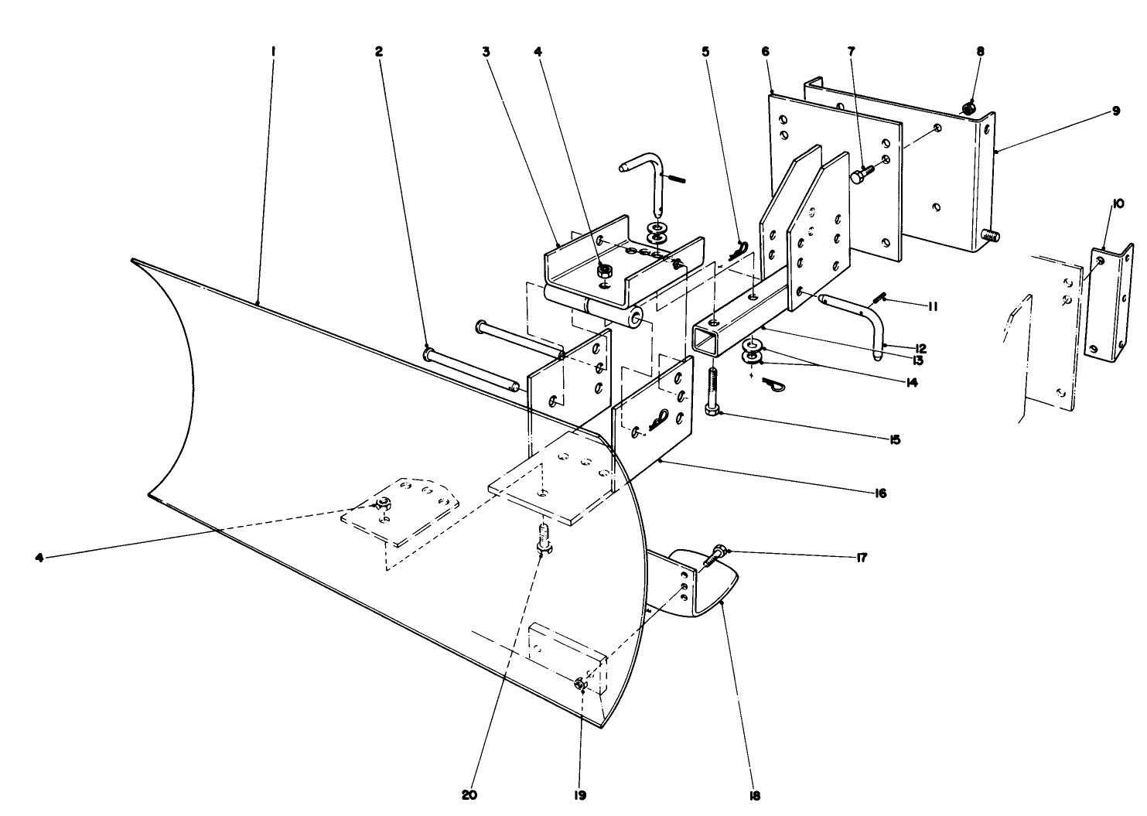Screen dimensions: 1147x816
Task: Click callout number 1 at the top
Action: (x=273, y=52)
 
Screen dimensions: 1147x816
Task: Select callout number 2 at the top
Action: (x=379, y=52)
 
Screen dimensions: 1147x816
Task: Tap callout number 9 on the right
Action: (x=1116, y=111)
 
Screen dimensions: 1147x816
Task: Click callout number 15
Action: (x=895, y=439)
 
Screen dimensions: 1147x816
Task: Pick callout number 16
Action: (x=880, y=493)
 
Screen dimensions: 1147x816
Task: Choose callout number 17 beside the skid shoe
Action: (x=861, y=557)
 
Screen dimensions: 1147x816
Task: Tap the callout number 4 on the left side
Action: (x=39, y=555)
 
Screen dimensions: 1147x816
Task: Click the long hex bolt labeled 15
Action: (x=712, y=391)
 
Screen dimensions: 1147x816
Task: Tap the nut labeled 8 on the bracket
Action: (x=967, y=109)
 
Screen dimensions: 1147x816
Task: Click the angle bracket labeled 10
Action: (x=1110, y=302)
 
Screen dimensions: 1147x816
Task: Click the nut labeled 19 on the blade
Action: (x=580, y=684)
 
